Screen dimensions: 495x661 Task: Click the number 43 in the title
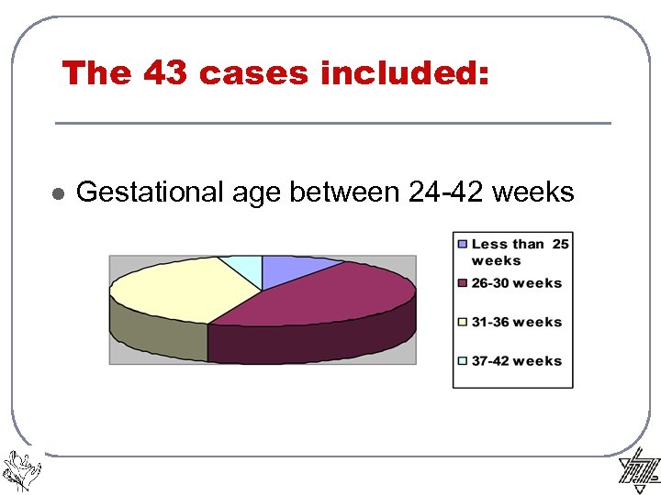(165, 73)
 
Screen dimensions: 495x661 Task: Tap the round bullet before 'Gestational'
(57, 194)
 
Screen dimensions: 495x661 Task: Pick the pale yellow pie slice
(184, 284)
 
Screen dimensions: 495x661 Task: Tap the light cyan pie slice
(242, 265)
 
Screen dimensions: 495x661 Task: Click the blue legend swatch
(464, 245)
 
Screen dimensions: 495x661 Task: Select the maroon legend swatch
(464, 283)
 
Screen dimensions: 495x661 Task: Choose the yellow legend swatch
(464, 322)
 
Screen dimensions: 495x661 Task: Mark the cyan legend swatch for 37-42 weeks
(464, 360)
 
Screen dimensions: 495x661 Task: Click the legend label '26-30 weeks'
(517, 283)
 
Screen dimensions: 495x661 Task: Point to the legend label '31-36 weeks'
(517, 322)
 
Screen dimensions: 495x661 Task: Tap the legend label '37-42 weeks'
(517, 360)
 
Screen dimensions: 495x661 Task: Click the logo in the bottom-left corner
(21, 469)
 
